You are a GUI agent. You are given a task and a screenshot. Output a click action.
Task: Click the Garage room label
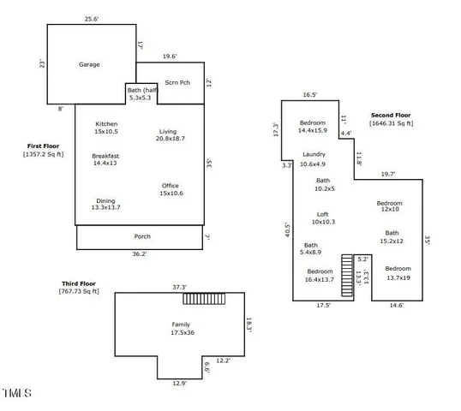pyautogui.click(x=90, y=64)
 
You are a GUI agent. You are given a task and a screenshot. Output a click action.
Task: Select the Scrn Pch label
pyautogui.click(x=177, y=83)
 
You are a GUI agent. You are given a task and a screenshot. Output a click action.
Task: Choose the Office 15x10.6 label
pyautogui.click(x=171, y=189)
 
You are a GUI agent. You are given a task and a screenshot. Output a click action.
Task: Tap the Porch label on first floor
pyautogui.click(x=142, y=236)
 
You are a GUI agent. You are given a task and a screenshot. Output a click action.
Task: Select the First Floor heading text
pyautogui.click(x=43, y=147)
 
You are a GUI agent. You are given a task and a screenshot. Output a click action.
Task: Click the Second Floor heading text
pyautogui.click(x=392, y=115)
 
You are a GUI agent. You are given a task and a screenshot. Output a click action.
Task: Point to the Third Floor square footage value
pyautogui.click(x=73, y=293)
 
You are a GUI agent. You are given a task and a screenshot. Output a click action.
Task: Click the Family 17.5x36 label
pyautogui.click(x=181, y=328)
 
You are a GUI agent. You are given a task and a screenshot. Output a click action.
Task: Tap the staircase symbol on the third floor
pyautogui.click(x=203, y=298)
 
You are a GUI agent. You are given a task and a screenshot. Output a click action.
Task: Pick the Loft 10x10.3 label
pyautogui.click(x=322, y=218)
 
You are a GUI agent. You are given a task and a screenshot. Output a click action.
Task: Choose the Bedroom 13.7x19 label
pyautogui.click(x=398, y=273)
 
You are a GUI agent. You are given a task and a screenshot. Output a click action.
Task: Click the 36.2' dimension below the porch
pyautogui.click(x=139, y=254)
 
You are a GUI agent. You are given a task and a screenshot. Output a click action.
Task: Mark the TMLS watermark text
pyautogui.click(x=17, y=394)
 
